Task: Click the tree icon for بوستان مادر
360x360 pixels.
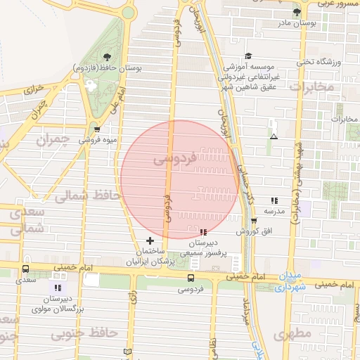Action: click(297, 12)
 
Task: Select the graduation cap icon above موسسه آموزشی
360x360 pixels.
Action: click(247, 56)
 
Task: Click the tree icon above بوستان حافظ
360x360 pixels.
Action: click(106, 57)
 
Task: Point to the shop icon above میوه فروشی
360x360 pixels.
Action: click(97, 129)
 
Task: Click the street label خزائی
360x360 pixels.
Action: click(34, 90)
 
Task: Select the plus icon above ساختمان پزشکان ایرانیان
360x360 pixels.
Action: click(150, 240)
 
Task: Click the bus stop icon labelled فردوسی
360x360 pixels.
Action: click(191, 277)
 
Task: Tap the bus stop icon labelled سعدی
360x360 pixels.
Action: click(26, 269)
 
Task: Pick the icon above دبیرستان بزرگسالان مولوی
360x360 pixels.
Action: click(58, 288)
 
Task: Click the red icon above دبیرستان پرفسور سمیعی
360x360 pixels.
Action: click(202, 232)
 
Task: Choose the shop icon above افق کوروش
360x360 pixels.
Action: click(254, 221)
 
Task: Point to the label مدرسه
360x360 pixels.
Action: click(274, 211)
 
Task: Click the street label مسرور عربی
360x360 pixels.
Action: click(336, 4)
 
